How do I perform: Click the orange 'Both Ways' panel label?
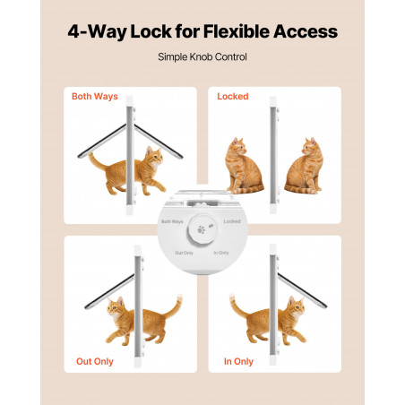tap(95, 97)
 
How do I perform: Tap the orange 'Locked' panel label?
tap(233, 96)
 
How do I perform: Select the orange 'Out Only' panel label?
tap(95, 361)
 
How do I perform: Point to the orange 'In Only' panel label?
tap(238, 361)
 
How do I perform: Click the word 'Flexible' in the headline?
tap(237, 31)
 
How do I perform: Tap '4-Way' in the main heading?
tap(97, 32)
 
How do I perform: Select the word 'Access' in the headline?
tap(306, 31)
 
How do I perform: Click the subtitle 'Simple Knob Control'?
tap(202, 56)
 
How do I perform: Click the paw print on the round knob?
tap(201, 230)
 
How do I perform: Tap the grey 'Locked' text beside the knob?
tap(232, 221)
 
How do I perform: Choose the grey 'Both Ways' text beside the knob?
tap(172, 221)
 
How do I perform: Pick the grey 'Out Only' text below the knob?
tap(184, 253)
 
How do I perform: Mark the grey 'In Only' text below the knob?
tap(221, 253)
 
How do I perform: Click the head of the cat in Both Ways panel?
tap(154, 156)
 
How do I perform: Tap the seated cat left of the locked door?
tap(243, 166)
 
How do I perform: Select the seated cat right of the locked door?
tap(304, 166)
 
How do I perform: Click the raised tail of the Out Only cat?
tap(174, 306)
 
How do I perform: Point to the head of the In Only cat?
tap(296, 306)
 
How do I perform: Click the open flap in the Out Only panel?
tap(109, 291)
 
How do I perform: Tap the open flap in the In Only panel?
tap(302, 290)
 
